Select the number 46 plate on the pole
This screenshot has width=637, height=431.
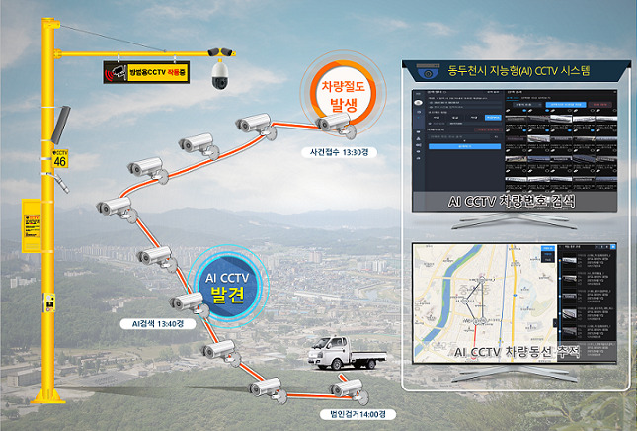(x=61, y=159)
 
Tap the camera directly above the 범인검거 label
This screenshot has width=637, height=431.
(x=351, y=388)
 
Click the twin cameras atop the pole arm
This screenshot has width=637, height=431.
(x=220, y=50)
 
